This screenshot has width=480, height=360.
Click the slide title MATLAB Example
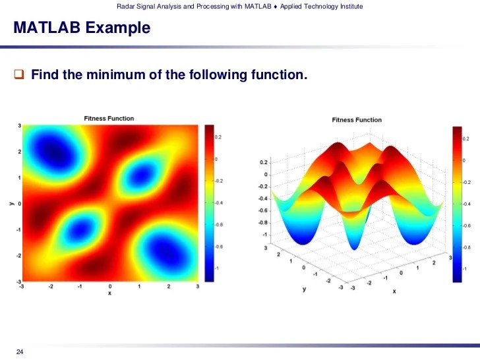(x=82, y=28)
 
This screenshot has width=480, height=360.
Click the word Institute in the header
(x=348, y=7)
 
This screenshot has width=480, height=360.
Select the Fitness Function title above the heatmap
(x=109, y=119)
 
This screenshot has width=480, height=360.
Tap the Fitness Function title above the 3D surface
(x=356, y=120)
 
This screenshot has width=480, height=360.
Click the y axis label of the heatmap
(x=12, y=204)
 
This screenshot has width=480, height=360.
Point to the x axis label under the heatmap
(x=109, y=293)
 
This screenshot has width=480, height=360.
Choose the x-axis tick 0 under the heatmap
(x=109, y=287)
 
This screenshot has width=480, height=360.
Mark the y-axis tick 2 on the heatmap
(x=19, y=151)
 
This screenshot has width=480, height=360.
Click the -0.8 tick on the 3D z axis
(x=263, y=222)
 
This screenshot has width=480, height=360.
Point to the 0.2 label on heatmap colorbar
(x=218, y=137)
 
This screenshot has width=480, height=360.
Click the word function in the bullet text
(x=276, y=75)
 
